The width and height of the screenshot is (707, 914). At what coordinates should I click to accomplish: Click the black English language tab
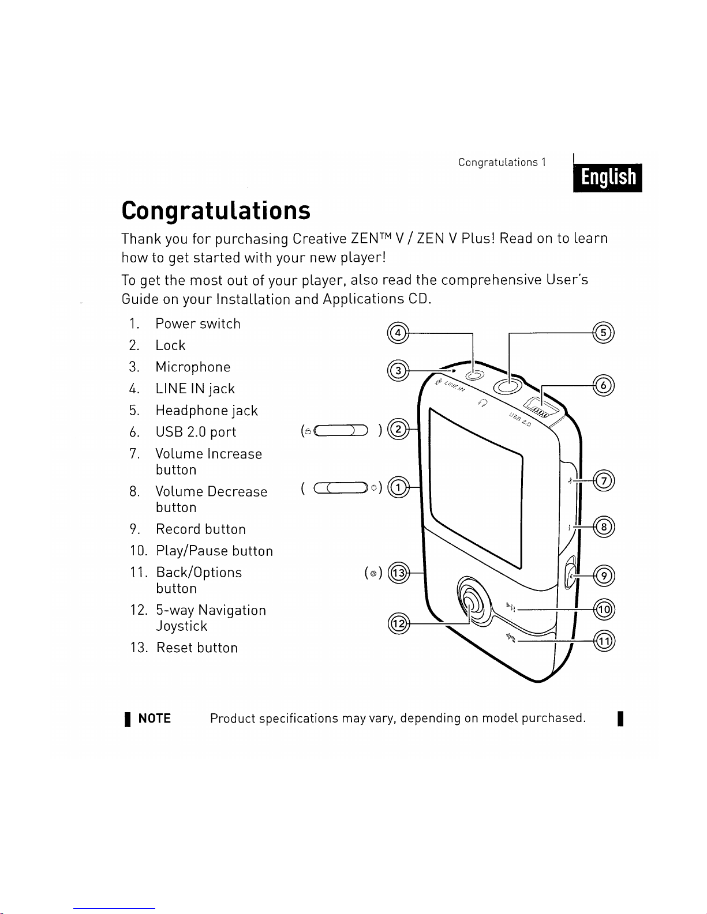pos(607,177)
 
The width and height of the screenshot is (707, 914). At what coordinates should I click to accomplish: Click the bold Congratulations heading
pos(216,211)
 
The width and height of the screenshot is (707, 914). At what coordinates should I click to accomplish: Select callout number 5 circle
pos(604,333)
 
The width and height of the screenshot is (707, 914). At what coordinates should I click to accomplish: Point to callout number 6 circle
pos(604,385)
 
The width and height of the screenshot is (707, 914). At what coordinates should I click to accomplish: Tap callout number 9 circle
pos(604,576)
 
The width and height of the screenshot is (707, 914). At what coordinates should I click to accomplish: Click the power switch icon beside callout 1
pos(341,488)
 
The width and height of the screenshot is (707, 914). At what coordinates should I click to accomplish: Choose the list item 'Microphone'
pos(193,367)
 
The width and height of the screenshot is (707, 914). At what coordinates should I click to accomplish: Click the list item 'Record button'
pos(201,529)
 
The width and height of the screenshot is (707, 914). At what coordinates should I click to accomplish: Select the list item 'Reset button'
pos(197,648)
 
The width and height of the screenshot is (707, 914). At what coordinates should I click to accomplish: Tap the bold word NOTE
pos(155,719)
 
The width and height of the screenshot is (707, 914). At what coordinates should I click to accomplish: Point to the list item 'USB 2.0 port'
pos(196,432)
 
